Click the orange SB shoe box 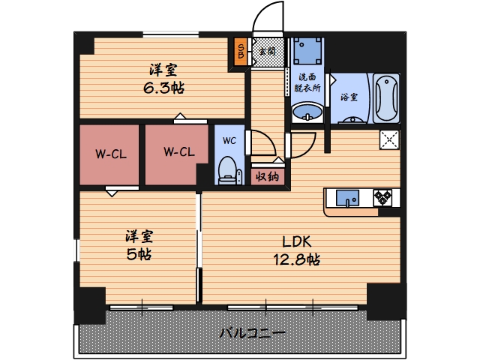coord(241,52)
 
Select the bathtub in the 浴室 coord(386,97)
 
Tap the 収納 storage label coord(267,177)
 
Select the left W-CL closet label coord(109,154)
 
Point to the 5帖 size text coord(139,253)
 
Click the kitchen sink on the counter coord(347,198)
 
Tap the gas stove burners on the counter coord(384,198)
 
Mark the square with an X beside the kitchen coord(389,139)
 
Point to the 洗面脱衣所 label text coord(307,82)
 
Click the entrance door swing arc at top coord(264,17)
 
